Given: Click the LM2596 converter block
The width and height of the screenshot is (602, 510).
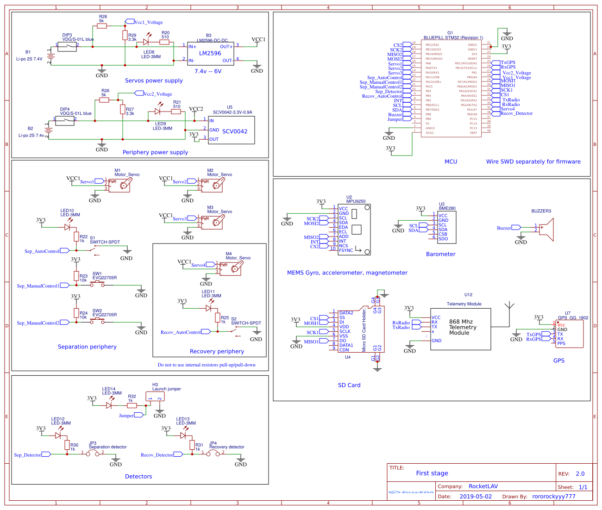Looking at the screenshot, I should pos(210,54).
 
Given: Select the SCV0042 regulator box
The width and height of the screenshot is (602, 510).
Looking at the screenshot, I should pos(231,130).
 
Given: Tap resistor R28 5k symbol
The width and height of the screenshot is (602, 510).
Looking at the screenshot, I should pos(102,26).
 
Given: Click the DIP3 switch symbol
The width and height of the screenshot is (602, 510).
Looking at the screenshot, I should pos(67,46).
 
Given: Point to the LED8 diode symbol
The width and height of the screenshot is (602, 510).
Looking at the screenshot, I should pos(146,42).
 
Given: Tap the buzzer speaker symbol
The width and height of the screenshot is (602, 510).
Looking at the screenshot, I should pos(546,228).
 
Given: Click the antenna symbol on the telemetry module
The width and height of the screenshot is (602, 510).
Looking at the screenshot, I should pos(509,307).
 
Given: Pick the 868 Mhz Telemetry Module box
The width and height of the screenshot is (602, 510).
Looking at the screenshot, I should pos(460,329).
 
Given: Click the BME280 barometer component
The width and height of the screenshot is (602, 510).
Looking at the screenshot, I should pos(446,227).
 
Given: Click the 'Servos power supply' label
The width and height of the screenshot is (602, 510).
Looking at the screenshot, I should pos(154,81).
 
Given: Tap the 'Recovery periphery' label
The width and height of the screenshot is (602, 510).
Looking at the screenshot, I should pos(217,351).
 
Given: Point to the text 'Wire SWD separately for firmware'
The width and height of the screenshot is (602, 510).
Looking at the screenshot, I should pos(533,162).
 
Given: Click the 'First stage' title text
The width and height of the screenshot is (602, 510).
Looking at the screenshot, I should pos(432,473).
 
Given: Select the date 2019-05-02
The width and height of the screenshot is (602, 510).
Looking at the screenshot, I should pos(476,496).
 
